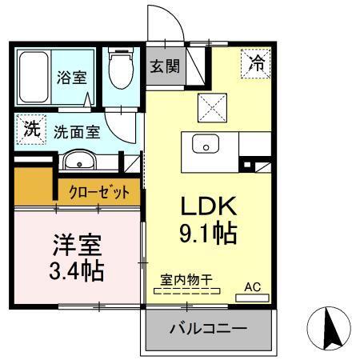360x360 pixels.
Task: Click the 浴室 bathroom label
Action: pyautogui.click(x=70, y=78)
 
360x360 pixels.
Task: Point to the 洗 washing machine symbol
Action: pyautogui.click(x=30, y=128)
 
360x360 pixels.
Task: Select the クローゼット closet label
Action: pyautogui.click(x=98, y=194)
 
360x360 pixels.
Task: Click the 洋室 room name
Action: pyautogui.click(x=73, y=243)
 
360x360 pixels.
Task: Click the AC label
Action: pyautogui.click(x=252, y=286)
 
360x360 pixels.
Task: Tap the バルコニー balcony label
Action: pyautogui.click(x=207, y=329)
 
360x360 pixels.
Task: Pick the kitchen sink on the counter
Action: pyautogui.click(x=206, y=146)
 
